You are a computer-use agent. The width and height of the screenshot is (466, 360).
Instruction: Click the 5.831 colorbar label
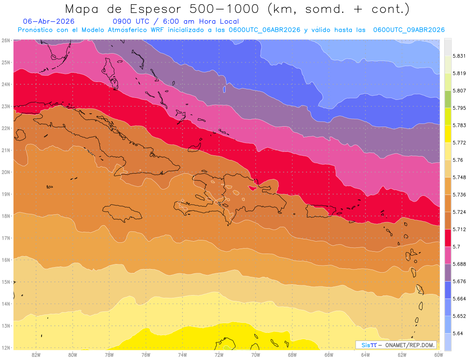click(x=459, y=56)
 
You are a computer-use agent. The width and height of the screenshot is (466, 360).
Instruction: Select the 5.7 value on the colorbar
click(x=456, y=247)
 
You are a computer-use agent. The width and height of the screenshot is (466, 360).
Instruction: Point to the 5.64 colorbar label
click(x=457, y=334)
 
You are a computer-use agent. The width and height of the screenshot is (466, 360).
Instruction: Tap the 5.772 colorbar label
click(x=459, y=143)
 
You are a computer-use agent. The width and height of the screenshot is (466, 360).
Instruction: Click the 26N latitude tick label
click(x=5, y=40)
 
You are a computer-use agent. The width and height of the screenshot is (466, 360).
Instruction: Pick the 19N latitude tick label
click(x=5, y=194)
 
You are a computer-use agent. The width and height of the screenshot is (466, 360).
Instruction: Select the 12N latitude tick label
click(x=5, y=348)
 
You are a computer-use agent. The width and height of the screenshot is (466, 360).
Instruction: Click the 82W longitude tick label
click(x=36, y=355)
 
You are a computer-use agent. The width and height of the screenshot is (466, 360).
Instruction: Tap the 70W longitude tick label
click(x=256, y=355)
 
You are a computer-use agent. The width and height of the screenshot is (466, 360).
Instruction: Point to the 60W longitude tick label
click(x=438, y=355)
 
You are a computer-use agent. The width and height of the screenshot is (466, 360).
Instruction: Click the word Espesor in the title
click(x=156, y=9)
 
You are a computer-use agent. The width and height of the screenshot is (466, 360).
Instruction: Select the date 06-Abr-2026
click(x=49, y=21)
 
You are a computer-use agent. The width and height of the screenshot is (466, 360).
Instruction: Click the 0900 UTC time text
click(x=131, y=21)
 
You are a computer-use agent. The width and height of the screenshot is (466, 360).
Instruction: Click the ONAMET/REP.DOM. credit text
click(x=410, y=345)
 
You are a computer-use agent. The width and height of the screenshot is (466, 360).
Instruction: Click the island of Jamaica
click(x=122, y=213)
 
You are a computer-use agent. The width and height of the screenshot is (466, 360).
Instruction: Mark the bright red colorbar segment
click(x=448, y=238)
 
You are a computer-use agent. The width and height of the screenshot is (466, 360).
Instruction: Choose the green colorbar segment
click(x=448, y=99)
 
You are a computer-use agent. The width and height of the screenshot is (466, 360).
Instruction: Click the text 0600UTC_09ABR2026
click(x=409, y=30)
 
